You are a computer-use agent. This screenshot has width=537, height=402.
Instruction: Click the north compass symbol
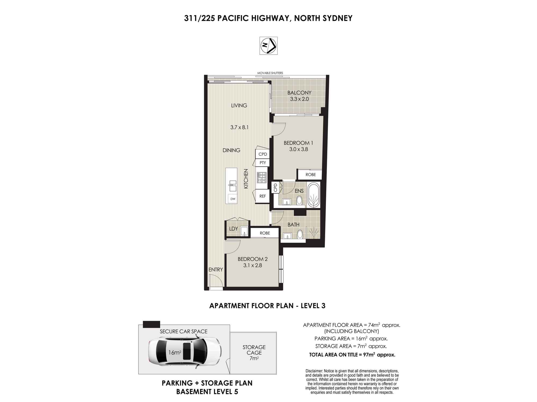[268, 46]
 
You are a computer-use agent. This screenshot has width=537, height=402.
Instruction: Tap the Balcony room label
[299, 93]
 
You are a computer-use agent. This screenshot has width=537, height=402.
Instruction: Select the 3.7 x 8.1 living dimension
[239, 128]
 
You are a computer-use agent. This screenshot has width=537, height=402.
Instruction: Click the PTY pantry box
[263, 163]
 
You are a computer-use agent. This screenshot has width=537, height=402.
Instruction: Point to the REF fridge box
[262, 196]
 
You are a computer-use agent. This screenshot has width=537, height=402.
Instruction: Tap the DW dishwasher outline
[233, 199]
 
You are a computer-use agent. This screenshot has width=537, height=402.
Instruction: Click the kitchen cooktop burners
[262, 177]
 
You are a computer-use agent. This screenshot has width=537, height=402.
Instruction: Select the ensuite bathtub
[314, 195]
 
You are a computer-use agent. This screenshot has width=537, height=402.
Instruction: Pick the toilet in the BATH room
[300, 234]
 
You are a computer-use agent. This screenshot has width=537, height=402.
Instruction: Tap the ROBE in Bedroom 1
[310, 174]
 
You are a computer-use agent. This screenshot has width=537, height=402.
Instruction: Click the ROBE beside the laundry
[265, 233]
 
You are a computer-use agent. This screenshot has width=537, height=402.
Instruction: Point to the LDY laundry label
[234, 229]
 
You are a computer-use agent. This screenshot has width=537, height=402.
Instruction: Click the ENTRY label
[216, 270]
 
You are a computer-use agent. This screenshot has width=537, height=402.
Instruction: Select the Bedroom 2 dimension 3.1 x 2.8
[253, 265]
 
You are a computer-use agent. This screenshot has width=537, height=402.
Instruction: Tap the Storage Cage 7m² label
[254, 353]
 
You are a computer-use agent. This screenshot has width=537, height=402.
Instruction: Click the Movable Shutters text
[270, 73]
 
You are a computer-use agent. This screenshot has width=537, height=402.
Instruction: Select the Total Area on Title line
[352, 355]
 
